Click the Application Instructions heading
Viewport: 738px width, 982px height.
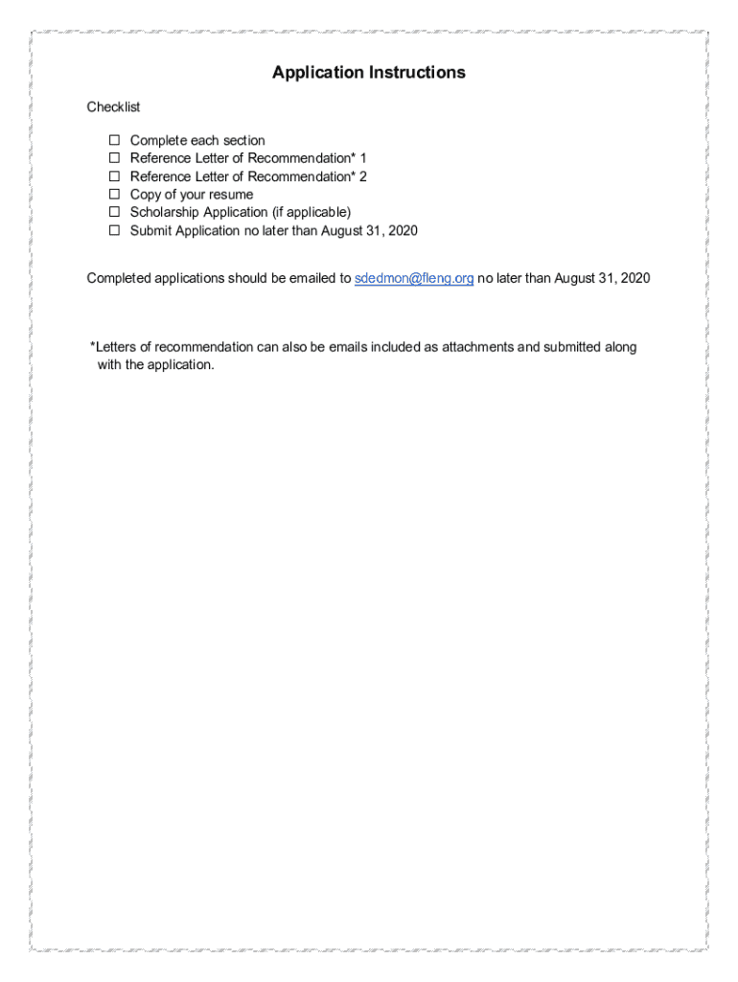368,73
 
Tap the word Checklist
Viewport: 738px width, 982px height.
113,107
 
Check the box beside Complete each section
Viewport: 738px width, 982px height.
113,141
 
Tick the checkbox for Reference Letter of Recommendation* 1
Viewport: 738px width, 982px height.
113,158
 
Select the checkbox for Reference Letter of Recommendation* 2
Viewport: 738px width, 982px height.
113,176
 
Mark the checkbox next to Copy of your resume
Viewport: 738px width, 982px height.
113,195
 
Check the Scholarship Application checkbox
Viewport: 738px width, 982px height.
113,212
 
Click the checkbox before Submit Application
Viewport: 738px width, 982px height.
113,230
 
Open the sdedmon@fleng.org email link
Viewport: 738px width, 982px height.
414,278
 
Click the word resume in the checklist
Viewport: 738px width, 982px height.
231,195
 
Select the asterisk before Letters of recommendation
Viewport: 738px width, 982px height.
93,345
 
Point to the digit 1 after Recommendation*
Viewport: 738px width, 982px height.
363,158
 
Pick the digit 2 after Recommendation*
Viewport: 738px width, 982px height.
363,176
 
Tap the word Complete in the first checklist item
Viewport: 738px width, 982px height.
159,141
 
